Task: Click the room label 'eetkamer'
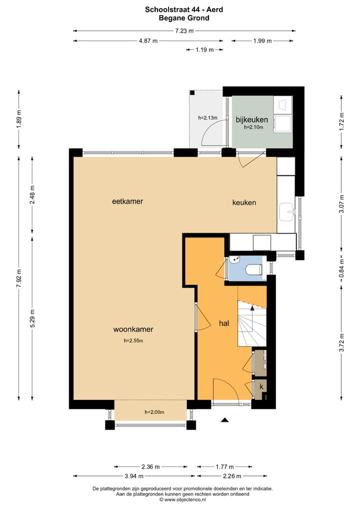[127, 201]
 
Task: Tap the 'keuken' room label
[244, 202]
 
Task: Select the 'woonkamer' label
[133, 329]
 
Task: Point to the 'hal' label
[223, 323]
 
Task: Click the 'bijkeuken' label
[252, 119]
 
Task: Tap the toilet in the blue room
[253, 269]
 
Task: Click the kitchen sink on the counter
[287, 211]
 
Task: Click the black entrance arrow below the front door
[224, 420]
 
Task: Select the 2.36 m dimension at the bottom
[150, 467]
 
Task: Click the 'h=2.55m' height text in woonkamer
[133, 341]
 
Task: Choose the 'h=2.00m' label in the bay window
[154, 412]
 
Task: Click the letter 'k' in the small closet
[260, 386]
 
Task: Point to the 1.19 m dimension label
[204, 49]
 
